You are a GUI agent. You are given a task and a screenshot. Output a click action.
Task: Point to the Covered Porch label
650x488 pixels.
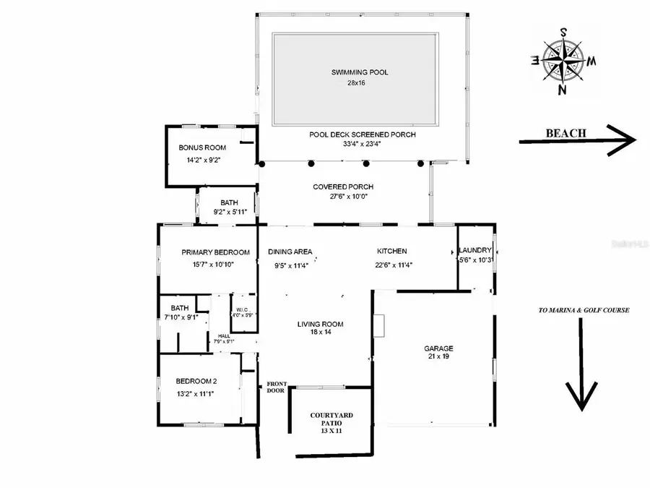tap(342, 187)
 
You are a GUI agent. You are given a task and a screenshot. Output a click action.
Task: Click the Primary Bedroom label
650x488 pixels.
tap(215, 252)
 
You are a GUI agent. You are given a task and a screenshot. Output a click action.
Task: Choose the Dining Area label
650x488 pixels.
tap(290, 252)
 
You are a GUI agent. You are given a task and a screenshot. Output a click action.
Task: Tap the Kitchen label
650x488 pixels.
tap(391, 252)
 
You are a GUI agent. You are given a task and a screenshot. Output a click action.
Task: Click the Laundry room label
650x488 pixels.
tap(475, 251)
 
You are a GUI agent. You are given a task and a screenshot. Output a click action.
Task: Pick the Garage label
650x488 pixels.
tap(438, 348)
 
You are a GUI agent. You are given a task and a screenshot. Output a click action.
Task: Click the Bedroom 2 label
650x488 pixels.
tap(196, 381)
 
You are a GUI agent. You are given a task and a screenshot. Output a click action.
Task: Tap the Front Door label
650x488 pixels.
tap(277, 388)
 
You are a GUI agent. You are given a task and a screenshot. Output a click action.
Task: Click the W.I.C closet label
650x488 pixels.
tap(242, 309)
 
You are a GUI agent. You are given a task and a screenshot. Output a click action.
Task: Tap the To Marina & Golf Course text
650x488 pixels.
tap(584, 310)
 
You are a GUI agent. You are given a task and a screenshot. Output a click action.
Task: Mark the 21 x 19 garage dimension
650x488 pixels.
tap(438, 357)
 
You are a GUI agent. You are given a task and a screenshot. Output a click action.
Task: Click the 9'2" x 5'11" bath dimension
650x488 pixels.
tap(230, 212)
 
